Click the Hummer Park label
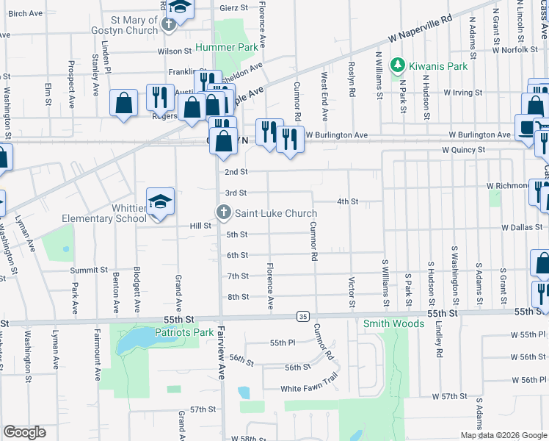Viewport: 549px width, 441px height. click(x=227, y=48)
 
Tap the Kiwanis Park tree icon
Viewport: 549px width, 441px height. click(x=397, y=66)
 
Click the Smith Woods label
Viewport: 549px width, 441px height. click(x=394, y=323)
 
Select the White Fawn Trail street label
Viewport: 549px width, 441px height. click(x=308, y=389)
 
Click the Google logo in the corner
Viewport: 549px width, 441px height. click(x=25, y=432)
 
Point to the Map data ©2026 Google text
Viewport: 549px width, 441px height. click(x=503, y=435)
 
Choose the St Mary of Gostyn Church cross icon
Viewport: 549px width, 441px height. click(x=169, y=24)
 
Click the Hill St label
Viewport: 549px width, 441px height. click(x=200, y=226)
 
